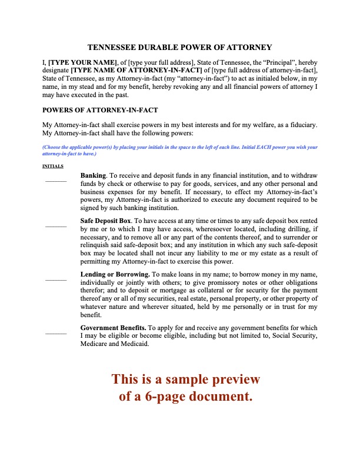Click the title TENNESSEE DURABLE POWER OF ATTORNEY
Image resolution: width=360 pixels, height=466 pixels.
pos(179,47)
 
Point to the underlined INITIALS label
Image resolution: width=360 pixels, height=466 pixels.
pos(53,166)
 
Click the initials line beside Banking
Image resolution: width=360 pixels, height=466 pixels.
pos(56,181)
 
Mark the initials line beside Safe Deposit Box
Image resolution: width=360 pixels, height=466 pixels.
pos(56,226)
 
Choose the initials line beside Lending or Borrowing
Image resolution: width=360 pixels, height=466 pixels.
pos(56,279)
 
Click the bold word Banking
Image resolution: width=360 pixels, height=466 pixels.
pos(93,175)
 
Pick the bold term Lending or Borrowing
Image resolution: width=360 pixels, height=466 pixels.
pos(115,274)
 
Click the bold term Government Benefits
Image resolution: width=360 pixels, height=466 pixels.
pos(113,328)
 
